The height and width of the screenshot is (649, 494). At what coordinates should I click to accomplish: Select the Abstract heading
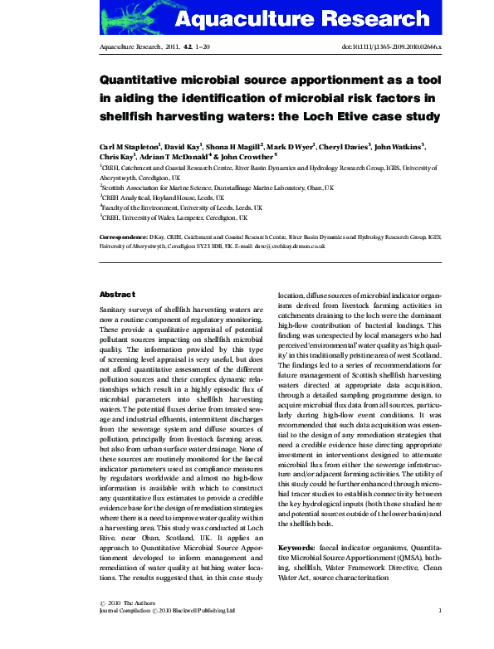click(x=117, y=294)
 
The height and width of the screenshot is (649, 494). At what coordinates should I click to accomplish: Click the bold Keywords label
click(x=296, y=548)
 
